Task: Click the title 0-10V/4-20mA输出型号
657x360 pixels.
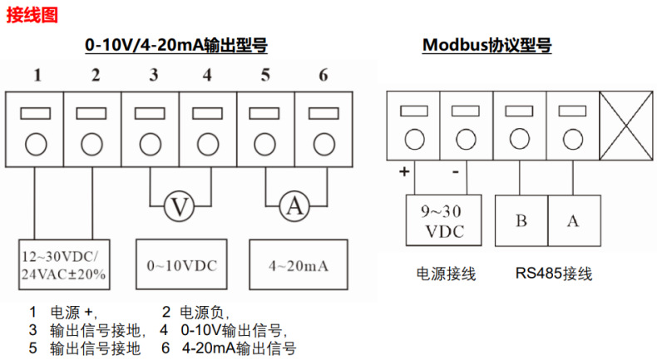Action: [x=176, y=45]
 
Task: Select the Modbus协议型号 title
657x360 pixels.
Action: [x=487, y=45]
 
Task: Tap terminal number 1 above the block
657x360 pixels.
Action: [x=37, y=76]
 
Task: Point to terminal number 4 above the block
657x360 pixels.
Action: [x=206, y=76]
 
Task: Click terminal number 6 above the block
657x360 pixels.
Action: [x=323, y=76]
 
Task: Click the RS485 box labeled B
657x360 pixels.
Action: [x=521, y=220]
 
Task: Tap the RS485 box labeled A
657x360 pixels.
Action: [x=573, y=220]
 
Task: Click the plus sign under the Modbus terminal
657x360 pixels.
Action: [x=405, y=172]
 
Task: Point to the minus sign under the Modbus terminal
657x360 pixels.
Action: [x=456, y=171]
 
